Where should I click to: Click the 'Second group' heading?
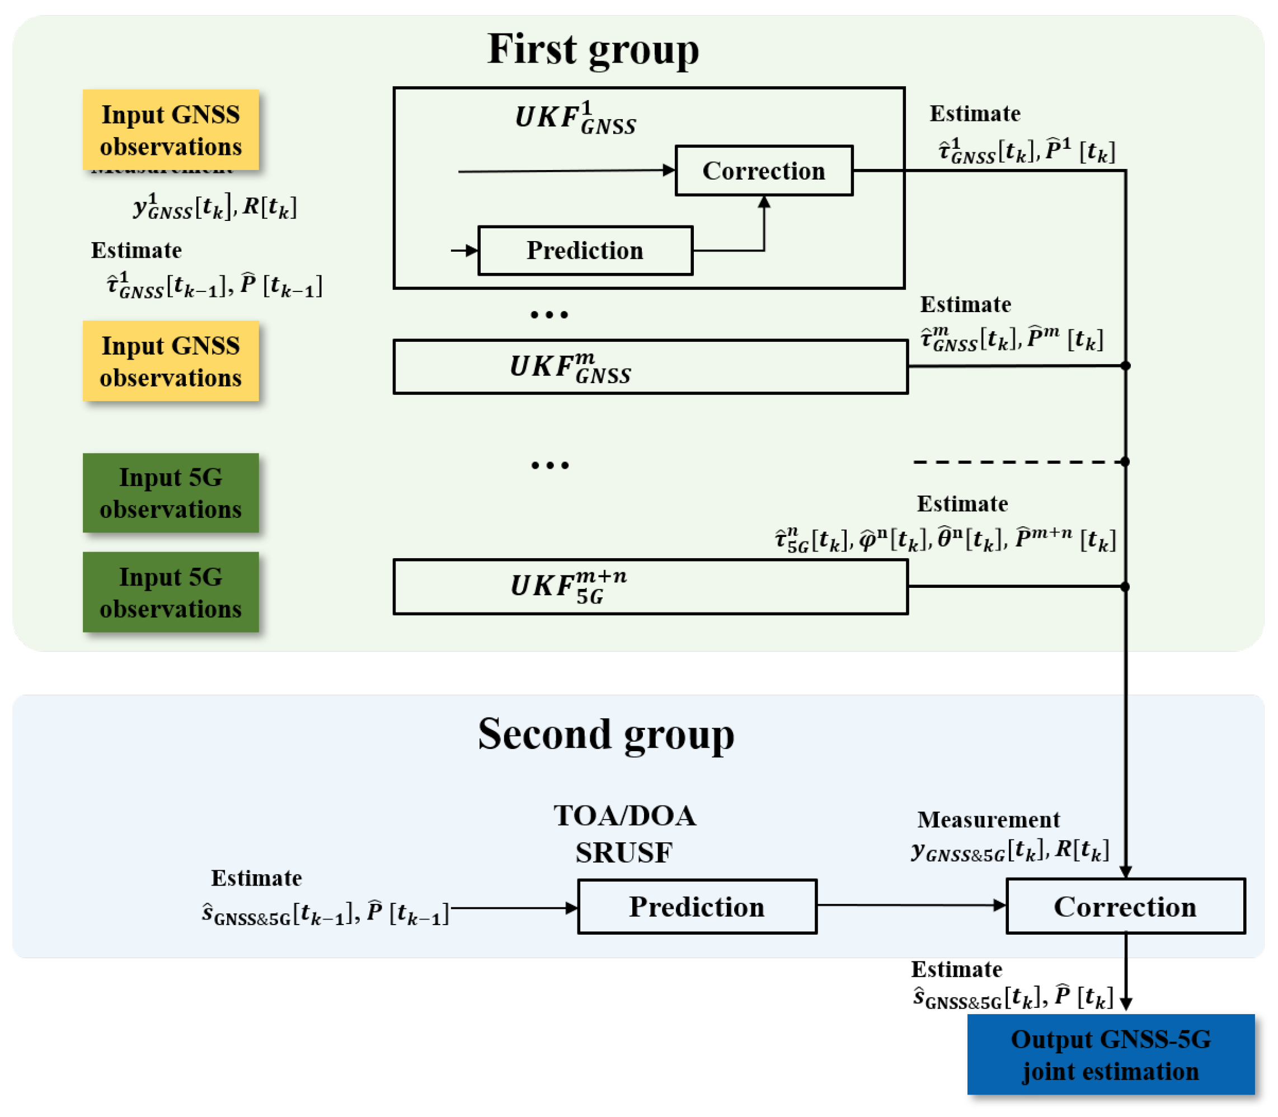point(605,734)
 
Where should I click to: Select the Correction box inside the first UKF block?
point(764,171)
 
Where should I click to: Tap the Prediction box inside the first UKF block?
point(585,251)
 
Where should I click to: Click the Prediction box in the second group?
point(697,906)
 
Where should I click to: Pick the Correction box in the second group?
point(1125,906)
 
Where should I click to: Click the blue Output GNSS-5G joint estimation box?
point(1110,1055)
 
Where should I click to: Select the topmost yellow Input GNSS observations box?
point(171,130)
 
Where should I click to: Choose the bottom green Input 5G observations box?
point(171,592)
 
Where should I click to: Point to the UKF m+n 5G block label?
point(567,587)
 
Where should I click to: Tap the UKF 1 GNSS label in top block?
point(575,119)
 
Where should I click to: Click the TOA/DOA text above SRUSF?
point(624,816)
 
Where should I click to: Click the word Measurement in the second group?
point(988,819)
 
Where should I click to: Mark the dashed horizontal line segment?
point(1016,462)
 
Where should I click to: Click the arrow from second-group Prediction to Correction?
point(910,905)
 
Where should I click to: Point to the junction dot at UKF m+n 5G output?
point(1125,587)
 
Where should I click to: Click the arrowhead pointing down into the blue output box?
point(1126,1004)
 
